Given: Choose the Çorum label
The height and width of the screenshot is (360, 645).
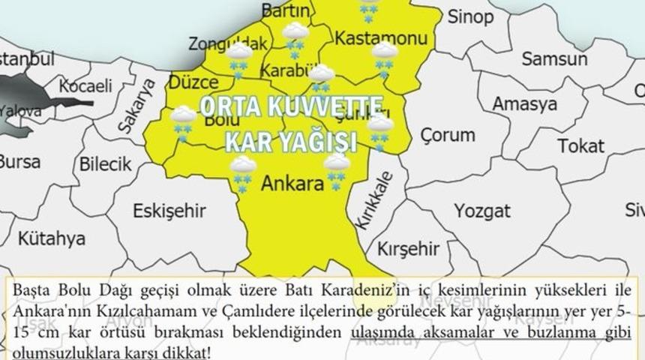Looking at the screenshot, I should point(447,136).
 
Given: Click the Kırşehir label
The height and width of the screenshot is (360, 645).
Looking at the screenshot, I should point(406,247).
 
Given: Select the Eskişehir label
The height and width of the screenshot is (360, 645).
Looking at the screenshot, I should point(163,211).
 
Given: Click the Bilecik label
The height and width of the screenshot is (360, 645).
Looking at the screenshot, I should point(106,162).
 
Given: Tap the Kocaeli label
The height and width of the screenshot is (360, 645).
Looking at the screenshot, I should point(85,88).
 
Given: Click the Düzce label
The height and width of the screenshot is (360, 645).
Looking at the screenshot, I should point(193,80).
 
